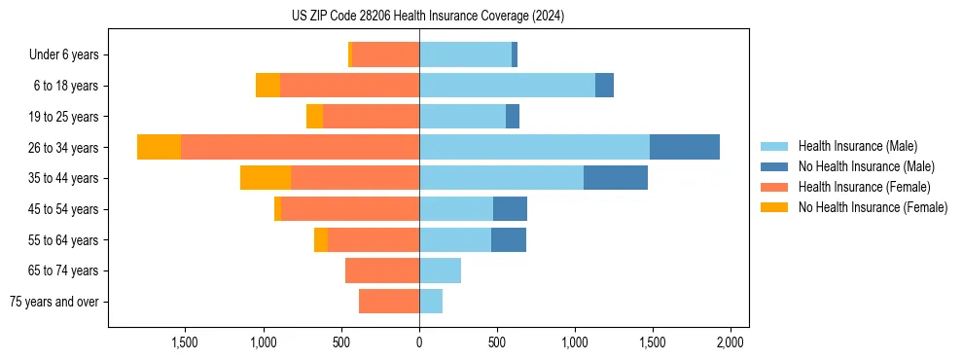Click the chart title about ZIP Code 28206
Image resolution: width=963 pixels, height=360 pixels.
click(x=428, y=16)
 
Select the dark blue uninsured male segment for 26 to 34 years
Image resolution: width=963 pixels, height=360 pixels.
click(x=684, y=147)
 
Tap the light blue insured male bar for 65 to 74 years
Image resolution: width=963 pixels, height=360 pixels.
click(x=440, y=270)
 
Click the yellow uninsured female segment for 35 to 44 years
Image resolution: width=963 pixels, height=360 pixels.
click(x=266, y=178)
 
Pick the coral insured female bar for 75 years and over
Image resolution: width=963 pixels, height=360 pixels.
click(x=389, y=302)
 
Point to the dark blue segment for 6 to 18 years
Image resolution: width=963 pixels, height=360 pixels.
click(x=604, y=86)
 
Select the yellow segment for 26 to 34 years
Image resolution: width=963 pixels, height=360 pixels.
click(x=159, y=147)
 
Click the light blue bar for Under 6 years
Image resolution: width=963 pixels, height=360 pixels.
click(x=465, y=54)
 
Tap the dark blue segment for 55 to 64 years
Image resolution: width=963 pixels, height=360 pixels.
click(x=509, y=239)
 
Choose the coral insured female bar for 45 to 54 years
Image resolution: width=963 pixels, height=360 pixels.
click(x=350, y=209)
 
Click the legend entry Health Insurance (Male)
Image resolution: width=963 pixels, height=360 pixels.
click(x=856, y=146)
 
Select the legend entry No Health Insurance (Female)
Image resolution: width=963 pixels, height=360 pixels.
click(x=872, y=207)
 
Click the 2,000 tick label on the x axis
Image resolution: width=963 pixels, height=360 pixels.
click(x=731, y=342)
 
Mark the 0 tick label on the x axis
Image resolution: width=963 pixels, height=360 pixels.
click(x=419, y=342)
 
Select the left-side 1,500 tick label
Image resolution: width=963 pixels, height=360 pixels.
click(x=185, y=342)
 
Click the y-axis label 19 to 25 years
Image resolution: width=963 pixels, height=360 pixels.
click(x=65, y=117)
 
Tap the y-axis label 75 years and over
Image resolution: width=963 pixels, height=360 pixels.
click(x=54, y=302)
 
